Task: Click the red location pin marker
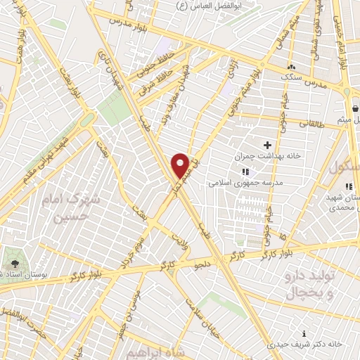[x=181, y=165]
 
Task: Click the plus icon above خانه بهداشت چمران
[x=267, y=144]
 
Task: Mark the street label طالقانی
[x=314, y=123]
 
